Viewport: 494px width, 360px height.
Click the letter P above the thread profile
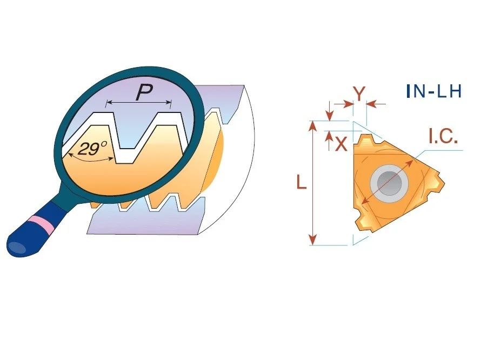(145, 92)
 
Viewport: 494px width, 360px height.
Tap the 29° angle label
(92, 148)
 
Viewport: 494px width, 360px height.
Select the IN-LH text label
(434, 91)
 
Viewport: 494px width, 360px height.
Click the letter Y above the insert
(359, 93)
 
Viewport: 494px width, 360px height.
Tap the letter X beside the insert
(341, 144)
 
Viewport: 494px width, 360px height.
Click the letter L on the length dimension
(302, 182)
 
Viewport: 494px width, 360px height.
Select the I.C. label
(443, 136)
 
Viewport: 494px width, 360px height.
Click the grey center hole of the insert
(389, 183)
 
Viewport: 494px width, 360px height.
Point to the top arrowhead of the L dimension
(312, 125)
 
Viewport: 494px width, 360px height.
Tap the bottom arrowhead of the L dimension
(312, 240)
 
